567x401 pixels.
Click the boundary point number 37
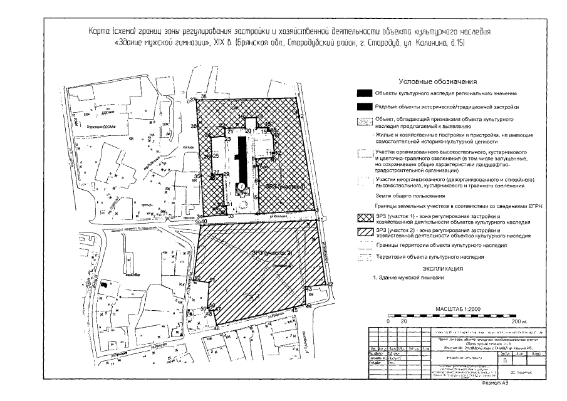coord(192,99)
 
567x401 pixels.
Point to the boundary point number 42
coord(330,284)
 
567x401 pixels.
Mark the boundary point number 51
coord(212,279)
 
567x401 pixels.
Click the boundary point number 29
coord(226,174)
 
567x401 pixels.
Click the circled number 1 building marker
coord(241,187)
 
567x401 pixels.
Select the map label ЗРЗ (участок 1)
coord(284,187)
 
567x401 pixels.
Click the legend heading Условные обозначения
coord(438,81)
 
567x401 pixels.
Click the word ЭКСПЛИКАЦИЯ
coord(438,269)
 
